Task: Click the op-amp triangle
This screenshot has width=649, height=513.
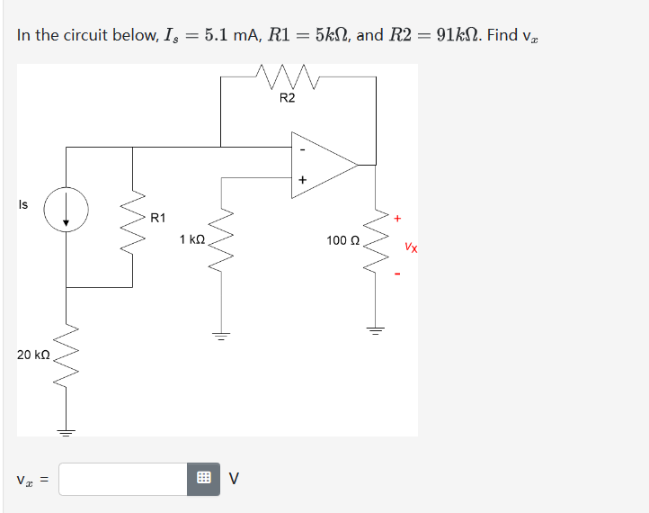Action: point(319,164)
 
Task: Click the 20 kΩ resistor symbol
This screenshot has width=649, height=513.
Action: point(67,355)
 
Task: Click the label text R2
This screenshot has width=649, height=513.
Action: point(287,98)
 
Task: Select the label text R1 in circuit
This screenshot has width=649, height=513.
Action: point(157,217)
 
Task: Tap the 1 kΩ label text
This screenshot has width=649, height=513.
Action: point(192,240)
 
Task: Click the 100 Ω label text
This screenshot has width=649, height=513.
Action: point(343,240)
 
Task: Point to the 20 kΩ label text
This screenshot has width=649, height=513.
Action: point(33,355)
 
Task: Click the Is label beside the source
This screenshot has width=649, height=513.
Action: point(22,204)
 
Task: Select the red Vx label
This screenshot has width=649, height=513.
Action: point(410,245)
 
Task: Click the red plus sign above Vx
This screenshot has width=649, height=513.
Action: point(396,217)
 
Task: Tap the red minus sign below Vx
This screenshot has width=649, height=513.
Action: point(396,274)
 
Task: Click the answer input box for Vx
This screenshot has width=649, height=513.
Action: point(123,479)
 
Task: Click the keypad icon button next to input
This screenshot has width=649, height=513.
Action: point(203,479)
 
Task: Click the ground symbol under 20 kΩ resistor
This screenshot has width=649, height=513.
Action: point(67,430)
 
